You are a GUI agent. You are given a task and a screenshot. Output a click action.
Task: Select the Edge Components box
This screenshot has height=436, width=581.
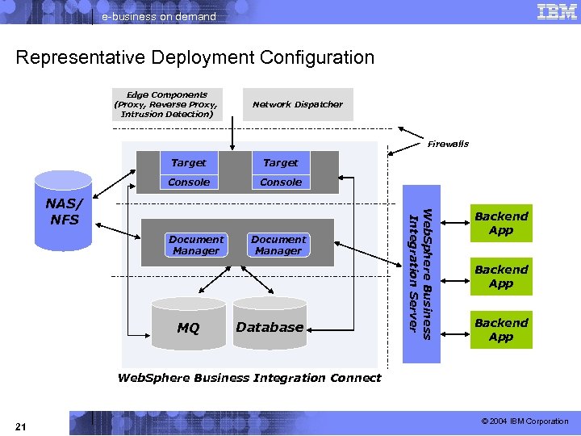(x=166, y=104)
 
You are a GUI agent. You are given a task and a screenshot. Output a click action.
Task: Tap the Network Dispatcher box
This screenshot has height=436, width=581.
(x=297, y=104)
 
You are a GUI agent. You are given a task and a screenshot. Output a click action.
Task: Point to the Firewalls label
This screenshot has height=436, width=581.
(x=448, y=144)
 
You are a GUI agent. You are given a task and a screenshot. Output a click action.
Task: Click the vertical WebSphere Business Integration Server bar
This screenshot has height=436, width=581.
(x=420, y=270)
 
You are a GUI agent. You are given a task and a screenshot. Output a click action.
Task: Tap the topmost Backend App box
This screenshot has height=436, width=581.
(x=500, y=223)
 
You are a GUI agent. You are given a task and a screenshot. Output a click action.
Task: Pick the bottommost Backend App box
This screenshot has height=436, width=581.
(x=500, y=329)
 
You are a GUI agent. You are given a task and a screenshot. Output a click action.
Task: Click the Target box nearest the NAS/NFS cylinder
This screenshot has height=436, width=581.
(x=189, y=162)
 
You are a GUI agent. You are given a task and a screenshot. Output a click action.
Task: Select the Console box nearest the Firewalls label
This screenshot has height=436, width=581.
(x=280, y=182)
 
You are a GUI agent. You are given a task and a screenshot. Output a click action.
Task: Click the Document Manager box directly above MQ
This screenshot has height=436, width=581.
(x=195, y=245)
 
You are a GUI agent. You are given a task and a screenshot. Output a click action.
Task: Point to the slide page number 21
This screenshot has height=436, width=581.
(x=21, y=426)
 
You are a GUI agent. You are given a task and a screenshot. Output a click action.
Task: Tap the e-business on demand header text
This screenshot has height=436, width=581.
(x=159, y=16)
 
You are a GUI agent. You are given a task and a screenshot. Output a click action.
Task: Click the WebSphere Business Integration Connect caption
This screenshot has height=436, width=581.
(x=249, y=378)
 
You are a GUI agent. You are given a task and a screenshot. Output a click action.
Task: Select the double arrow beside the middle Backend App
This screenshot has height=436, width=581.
(x=456, y=276)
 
